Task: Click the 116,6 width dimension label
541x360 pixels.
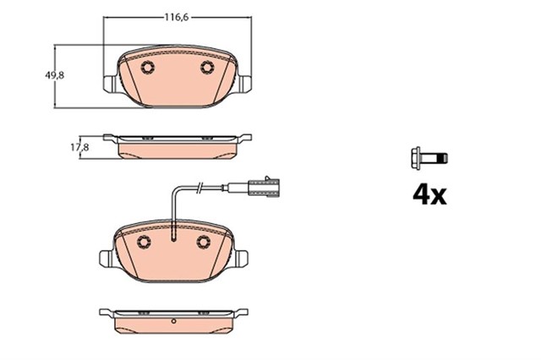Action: click(176, 17)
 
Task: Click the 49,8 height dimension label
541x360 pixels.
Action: click(54, 75)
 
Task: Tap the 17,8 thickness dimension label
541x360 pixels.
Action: click(79, 147)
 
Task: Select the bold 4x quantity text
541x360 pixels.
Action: click(429, 195)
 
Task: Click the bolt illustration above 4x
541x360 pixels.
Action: click(429, 158)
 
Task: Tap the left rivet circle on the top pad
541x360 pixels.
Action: click(148, 68)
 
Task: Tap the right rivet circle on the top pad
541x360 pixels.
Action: click(207, 68)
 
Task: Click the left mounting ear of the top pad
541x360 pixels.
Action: click(109, 84)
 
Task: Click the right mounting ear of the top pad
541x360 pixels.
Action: click(245, 84)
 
